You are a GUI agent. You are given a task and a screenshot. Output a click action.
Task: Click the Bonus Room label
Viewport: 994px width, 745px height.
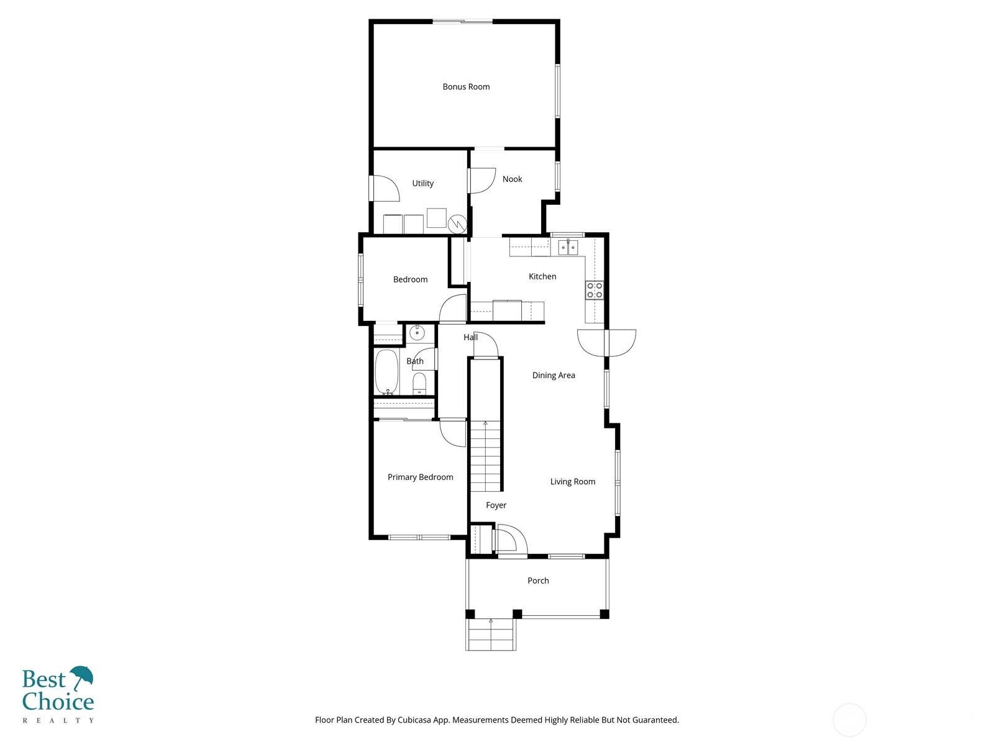point(466,86)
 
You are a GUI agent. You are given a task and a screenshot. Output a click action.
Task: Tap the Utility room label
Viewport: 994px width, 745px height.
point(422,183)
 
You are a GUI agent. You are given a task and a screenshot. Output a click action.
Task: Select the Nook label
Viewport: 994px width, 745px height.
point(512,179)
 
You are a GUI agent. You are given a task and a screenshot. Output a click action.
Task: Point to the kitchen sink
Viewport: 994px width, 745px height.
point(568,247)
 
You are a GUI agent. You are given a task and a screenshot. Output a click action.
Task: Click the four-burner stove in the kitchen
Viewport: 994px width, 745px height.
point(594,290)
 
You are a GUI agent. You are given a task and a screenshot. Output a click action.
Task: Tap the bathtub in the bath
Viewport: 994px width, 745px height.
point(386,372)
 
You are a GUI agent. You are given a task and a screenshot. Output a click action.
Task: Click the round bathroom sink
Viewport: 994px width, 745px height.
point(417,333)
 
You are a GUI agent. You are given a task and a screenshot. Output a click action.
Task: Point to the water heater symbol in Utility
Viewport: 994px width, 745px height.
point(457,223)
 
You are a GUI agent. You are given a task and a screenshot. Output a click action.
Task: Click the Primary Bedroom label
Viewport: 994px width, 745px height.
point(420,477)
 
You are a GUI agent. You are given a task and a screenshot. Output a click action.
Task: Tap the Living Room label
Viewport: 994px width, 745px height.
point(572,481)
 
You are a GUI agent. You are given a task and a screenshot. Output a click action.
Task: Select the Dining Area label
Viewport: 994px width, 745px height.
point(554,375)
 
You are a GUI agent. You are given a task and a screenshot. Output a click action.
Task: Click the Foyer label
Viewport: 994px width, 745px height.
point(496,505)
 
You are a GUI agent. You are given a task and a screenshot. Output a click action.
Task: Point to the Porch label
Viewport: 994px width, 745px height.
point(538,580)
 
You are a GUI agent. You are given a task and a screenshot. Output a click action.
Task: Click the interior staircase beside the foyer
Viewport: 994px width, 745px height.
point(485,456)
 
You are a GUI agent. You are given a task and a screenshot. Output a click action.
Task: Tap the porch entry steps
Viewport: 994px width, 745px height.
point(491,634)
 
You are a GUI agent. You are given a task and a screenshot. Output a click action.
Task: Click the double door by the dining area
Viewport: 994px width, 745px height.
point(607,343)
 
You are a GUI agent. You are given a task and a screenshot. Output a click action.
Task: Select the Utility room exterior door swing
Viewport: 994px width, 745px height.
point(385,188)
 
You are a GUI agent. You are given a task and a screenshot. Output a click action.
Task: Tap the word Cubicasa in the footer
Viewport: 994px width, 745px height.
point(414,720)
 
